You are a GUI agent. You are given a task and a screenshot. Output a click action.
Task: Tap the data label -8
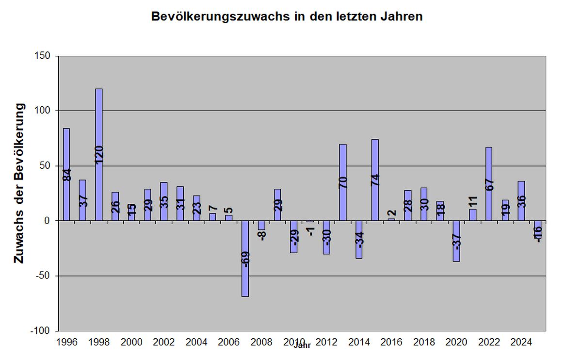click(262, 235)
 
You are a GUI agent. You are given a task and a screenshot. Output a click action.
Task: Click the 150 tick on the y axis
click(43, 56)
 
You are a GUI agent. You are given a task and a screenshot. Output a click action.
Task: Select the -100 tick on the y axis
click(41, 331)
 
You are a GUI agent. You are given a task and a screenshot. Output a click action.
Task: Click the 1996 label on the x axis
click(66, 342)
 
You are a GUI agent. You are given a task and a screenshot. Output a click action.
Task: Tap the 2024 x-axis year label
click(521, 342)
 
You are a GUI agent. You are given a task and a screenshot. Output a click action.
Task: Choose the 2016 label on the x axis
click(391, 342)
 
